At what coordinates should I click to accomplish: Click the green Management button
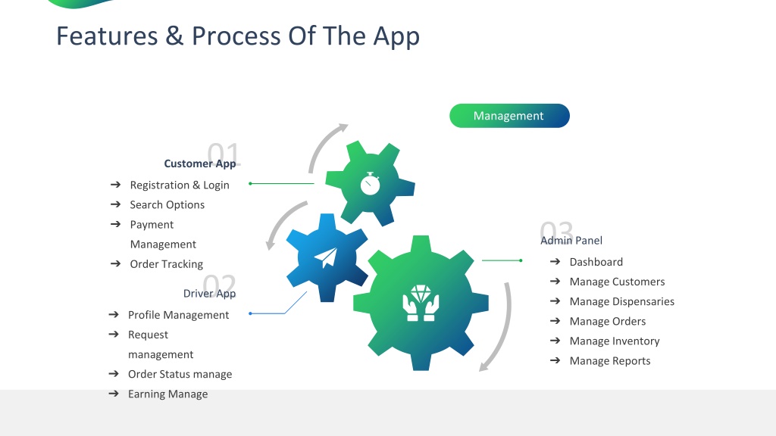click(x=509, y=116)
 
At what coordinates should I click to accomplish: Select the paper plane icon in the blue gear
click(x=326, y=257)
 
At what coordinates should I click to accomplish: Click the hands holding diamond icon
click(x=421, y=303)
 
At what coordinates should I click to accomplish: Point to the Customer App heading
click(x=200, y=163)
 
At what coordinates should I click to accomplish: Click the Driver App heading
click(x=209, y=294)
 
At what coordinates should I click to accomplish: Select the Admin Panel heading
click(x=571, y=241)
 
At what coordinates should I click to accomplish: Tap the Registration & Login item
click(x=180, y=185)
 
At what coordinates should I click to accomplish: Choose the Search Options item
click(x=167, y=204)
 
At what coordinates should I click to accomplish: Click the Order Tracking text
click(x=166, y=264)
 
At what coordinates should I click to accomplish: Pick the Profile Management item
click(x=178, y=315)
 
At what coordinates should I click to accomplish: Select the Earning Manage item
click(x=167, y=394)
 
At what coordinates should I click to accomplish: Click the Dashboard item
click(x=596, y=262)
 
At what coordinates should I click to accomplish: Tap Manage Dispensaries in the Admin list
click(x=621, y=301)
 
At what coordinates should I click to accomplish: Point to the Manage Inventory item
click(x=614, y=341)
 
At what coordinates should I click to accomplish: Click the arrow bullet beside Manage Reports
click(x=555, y=360)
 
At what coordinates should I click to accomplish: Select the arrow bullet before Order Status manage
click(x=114, y=374)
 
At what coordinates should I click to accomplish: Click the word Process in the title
click(x=236, y=36)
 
